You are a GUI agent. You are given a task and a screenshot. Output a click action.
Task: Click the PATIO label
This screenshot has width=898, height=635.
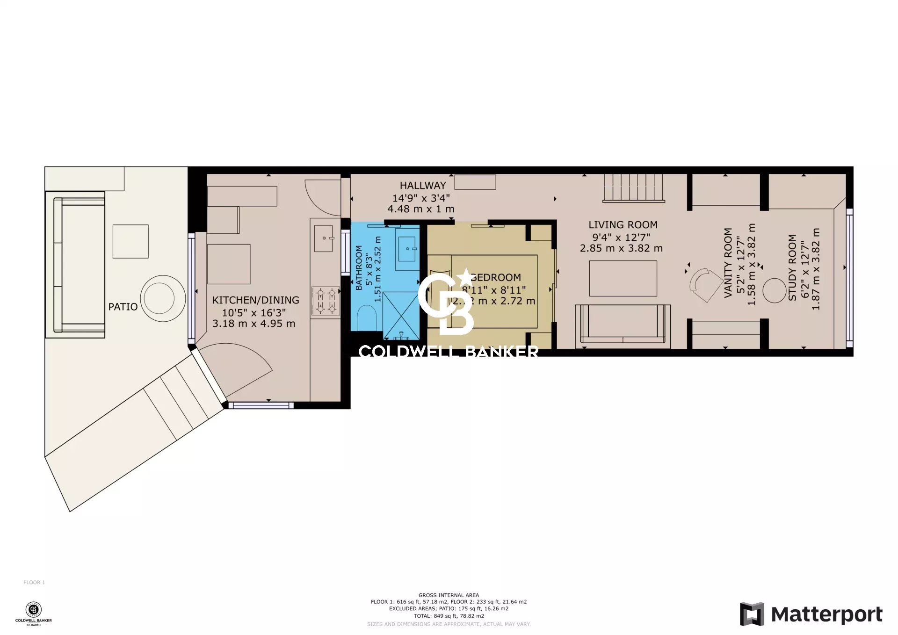(x=123, y=307)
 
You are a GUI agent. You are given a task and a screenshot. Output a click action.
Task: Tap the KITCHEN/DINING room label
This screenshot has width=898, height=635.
(x=255, y=300)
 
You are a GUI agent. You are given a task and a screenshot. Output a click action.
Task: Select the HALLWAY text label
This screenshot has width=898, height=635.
(x=423, y=186)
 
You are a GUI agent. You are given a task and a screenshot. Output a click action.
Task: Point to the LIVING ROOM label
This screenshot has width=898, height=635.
(x=623, y=225)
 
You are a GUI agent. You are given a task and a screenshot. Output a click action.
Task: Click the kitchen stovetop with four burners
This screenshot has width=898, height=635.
(x=326, y=301)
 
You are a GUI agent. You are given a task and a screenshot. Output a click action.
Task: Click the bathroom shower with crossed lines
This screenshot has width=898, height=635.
(x=401, y=315)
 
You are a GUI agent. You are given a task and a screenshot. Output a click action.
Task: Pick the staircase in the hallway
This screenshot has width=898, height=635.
(x=633, y=188)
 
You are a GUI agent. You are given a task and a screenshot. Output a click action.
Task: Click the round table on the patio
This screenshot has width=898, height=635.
(x=163, y=298)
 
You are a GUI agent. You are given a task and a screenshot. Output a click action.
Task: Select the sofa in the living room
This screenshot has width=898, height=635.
(x=623, y=324)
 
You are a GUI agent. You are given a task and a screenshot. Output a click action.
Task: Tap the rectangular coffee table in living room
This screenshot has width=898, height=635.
(x=623, y=278)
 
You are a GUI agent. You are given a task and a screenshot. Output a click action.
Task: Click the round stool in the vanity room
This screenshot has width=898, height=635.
(x=774, y=290)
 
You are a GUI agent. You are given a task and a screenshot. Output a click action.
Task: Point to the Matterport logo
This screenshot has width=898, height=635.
(x=811, y=614)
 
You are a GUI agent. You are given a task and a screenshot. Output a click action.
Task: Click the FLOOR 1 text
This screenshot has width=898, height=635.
(x=34, y=582)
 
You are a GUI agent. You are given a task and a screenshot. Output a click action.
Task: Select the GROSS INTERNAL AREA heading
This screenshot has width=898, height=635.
(x=449, y=595)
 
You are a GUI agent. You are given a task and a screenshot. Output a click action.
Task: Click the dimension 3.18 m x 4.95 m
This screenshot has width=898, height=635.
(x=254, y=324)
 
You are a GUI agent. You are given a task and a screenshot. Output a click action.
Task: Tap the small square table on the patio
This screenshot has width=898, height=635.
(x=130, y=241)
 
